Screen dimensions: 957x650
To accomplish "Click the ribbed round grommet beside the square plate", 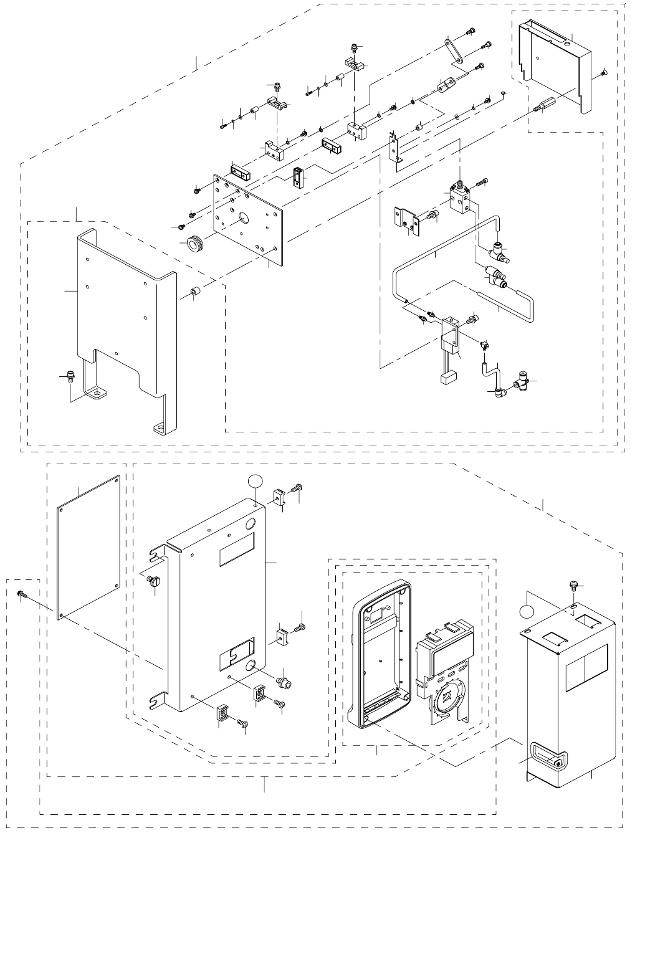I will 197,242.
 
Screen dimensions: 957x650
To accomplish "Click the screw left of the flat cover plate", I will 21,594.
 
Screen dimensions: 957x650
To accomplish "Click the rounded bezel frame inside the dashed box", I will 380,654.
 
